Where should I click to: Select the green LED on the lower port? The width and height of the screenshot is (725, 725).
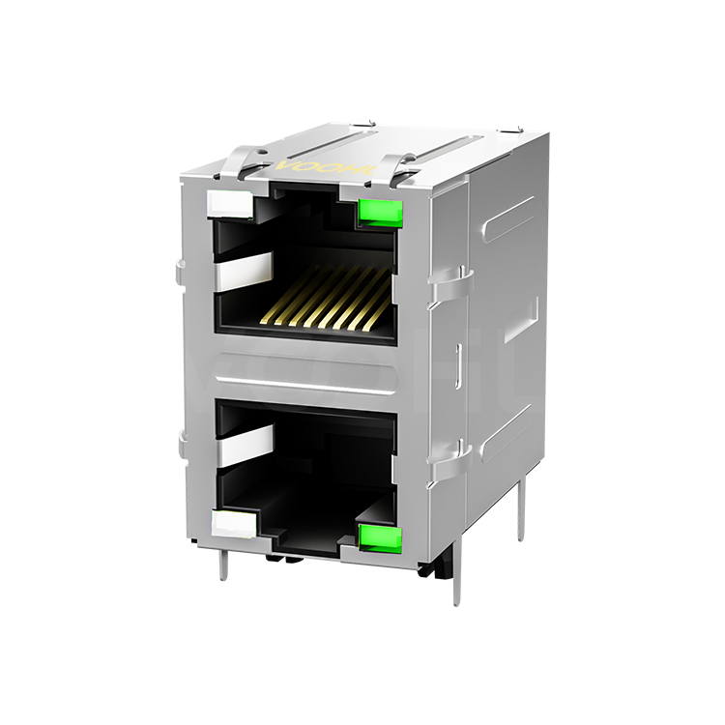pyautogui.click(x=379, y=537)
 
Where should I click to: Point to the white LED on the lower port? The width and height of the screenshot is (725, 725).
pyautogui.click(x=233, y=525)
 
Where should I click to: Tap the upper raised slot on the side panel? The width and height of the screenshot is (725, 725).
pyautogui.click(x=508, y=218)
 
